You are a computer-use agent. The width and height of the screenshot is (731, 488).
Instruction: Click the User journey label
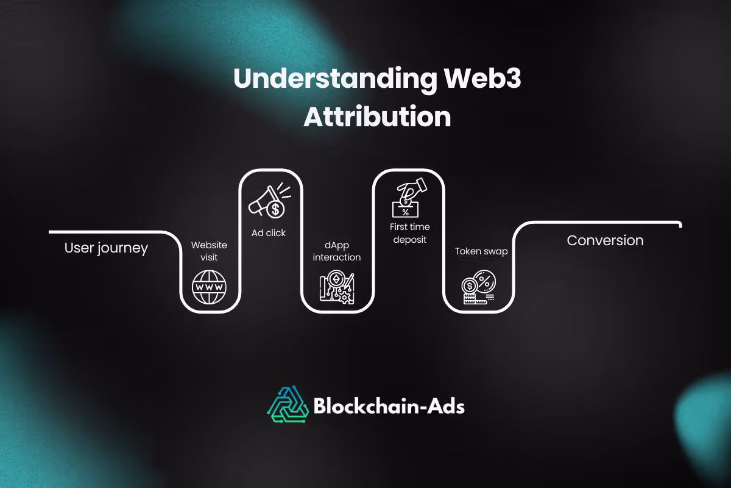coord(106,248)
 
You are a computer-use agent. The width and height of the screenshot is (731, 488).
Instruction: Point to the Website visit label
coord(209,251)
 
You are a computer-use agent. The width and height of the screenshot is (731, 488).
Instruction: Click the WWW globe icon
coord(209,287)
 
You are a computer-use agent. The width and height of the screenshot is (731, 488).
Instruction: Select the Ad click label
coord(269,232)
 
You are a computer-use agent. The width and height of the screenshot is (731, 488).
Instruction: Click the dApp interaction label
coord(337,251)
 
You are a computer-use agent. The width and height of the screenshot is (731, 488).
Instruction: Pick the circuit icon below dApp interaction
coord(337,287)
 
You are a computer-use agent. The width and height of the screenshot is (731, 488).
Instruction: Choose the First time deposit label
coord(409,233)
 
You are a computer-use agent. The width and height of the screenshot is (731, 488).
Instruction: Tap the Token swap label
coord(481,251)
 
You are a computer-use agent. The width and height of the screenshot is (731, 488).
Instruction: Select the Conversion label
coord(605,240)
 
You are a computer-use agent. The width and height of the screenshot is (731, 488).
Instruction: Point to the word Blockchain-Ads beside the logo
coord(389,405)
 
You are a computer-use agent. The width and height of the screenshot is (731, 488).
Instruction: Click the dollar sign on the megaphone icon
coord(275,209)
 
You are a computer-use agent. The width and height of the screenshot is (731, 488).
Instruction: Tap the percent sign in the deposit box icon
coord(404,212)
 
